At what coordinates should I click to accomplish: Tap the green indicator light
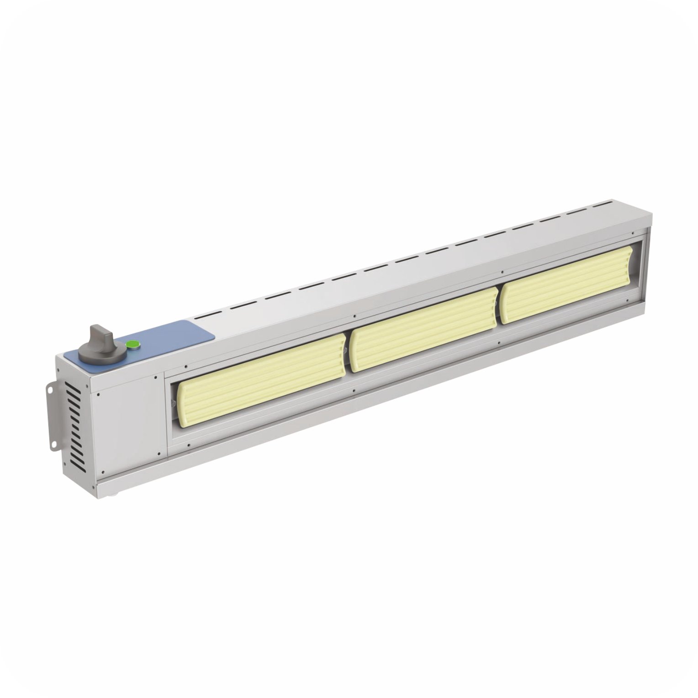tap(132, 344)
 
